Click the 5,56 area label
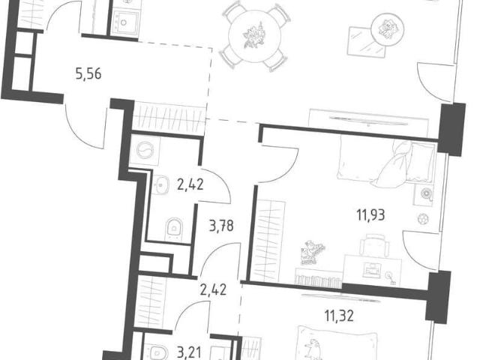pyautogui.click(x=88, y=74)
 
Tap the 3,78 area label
pyautogui.click(x=221, y=226)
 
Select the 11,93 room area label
pyautogui.click(x=370, y=215)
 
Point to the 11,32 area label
pyautogui.click(x=339, y=316)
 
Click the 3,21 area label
pyautogui.click(x=190, y=352)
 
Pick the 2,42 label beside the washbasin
pyautogui.click(x=190, y=184)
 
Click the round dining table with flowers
pyautogui.click(x=255, y=37)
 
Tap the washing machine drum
pyautogui.click(x=145, y=151)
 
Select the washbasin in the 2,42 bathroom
pyautogui.click(x=161, y=184)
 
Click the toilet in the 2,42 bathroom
pyautogui.click(x=173, y=229)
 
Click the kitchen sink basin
pyautogui.click(x=124, y=22)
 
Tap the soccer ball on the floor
pyautogui.click(x=423, y=218)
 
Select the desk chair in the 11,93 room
pyautogui.click(x=374, y=244)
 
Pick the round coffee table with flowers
pyautogui.click(x=387, y=29)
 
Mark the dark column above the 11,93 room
pyautogui.click(x=451, y=129)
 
